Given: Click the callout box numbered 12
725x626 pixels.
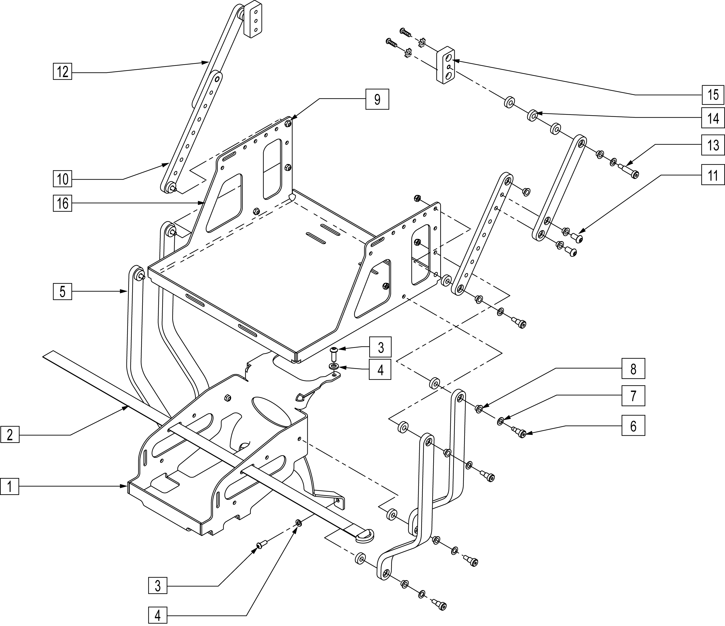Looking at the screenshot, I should coord(63,72).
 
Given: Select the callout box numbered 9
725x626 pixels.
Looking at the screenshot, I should coord(377,100).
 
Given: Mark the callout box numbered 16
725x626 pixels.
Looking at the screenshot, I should coord(63,203).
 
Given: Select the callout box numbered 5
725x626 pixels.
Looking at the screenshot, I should coord(63,291).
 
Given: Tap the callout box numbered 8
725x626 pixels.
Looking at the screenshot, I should coord(633,369).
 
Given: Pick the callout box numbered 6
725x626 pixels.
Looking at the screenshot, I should coord(633,426).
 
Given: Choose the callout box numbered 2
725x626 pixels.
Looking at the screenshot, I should coord(10,435).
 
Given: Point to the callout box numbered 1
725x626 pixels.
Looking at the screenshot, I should coord(10,486).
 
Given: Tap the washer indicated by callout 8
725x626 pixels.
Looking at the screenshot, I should coord(479,408).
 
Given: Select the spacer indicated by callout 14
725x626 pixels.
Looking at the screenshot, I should coord(533,115).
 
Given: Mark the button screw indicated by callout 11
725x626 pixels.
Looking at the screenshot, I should coord(578,239).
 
